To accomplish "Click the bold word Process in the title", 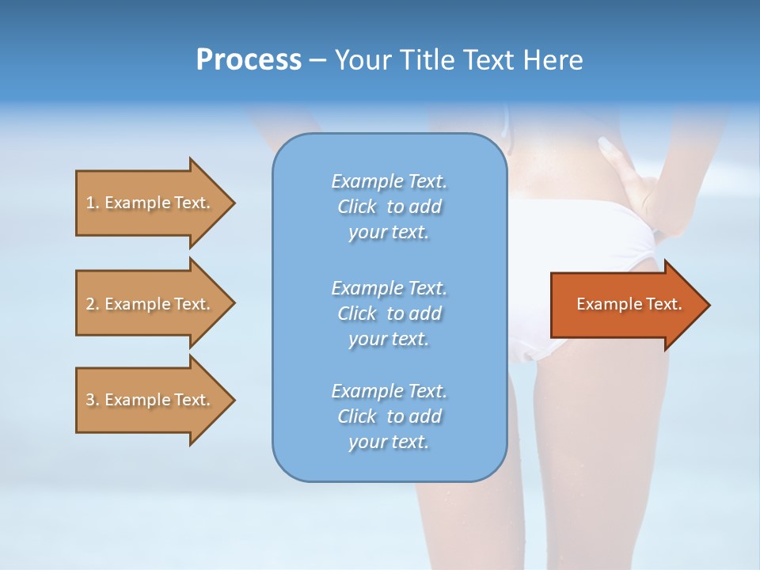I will (x=249, y=60).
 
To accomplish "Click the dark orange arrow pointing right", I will (x=625, y=305).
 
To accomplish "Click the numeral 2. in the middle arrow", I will (x=93, y=304).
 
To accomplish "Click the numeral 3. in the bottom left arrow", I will (x=93, y=401).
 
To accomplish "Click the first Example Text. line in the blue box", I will (x=389, y=181).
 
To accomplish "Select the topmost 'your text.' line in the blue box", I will (x=389, y=233).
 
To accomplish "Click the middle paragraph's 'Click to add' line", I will (x=389, y=313).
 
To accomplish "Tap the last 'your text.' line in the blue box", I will (x=389, y=443).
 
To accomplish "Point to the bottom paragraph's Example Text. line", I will (x=389, y=391).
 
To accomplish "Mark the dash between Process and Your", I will (x=317, y=60).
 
